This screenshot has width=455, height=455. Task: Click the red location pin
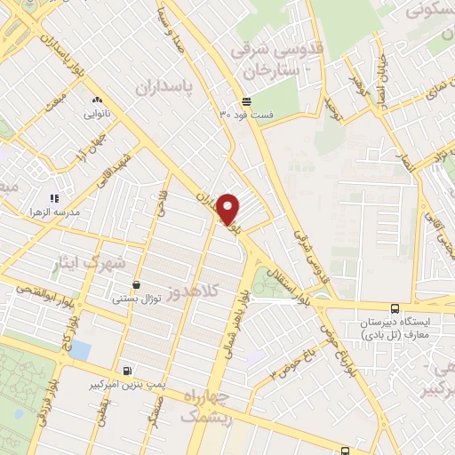228,210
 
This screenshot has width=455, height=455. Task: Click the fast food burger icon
246,101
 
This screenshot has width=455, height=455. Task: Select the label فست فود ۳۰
247,115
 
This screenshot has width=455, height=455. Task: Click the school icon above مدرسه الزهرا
53,198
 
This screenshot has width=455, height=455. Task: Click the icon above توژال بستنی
136,285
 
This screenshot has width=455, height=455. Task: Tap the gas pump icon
130,371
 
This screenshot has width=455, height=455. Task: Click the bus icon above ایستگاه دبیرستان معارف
394,308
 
